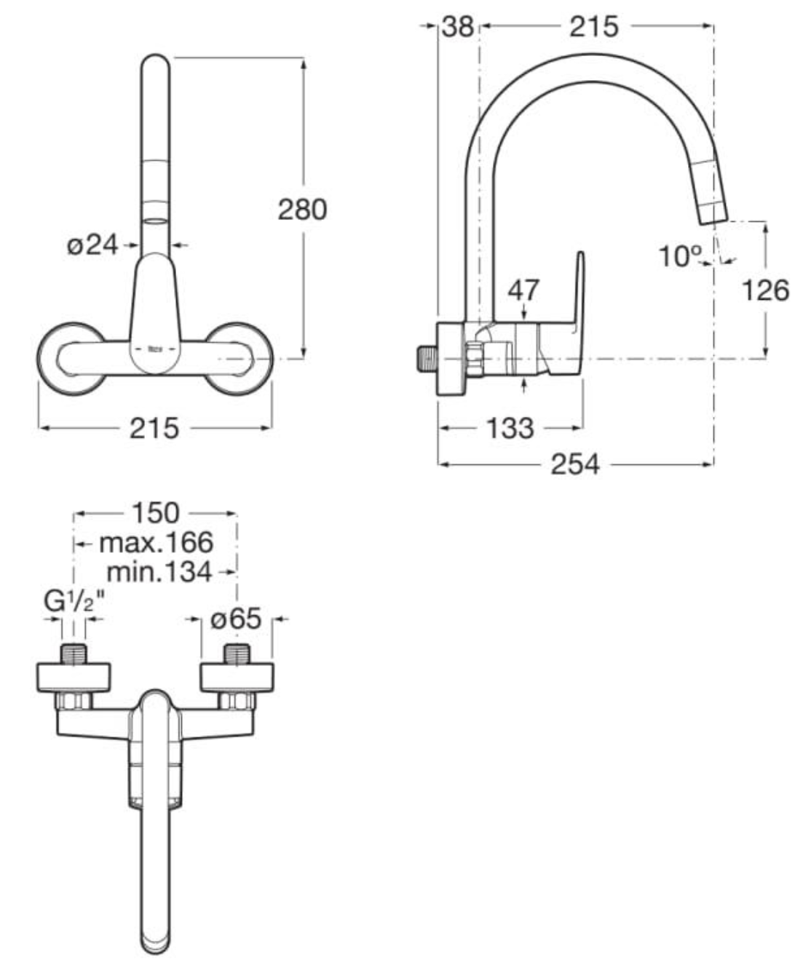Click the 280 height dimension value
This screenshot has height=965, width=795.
click(302, 210)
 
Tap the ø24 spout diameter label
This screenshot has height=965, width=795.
click(92, 245)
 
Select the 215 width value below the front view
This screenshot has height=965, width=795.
click(154, 428)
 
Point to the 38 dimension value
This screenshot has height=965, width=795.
click(458, 27)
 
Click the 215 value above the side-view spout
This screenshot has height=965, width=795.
click(593, 27)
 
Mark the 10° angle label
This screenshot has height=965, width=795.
click(680, 256)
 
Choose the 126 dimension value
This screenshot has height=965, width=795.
click(764, 290)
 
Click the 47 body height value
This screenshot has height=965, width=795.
click(524, 290)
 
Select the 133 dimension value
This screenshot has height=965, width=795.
click(510, 428)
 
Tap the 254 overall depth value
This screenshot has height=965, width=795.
click(575, 464)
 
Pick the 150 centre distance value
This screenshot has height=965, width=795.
click(154, 513)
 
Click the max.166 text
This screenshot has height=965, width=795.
click(156, 543)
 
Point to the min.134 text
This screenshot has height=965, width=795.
click(159, 572)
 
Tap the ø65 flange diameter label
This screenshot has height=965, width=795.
click(235, 619)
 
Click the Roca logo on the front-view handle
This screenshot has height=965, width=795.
click(155, 350)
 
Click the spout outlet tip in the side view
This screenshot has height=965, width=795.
click(713, 214)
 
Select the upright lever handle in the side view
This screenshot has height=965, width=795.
click(579, 291)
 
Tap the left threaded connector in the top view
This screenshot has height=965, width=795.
click(74, 653)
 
